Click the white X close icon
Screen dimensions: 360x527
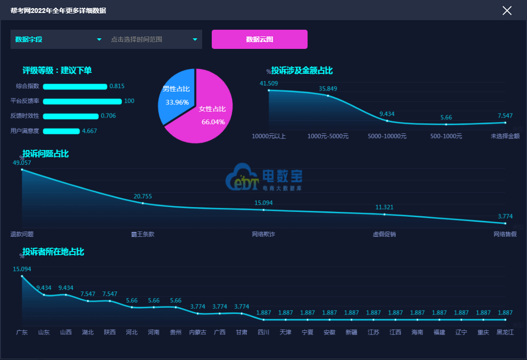pyautogui.click(x=507, y=11)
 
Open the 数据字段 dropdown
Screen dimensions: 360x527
pyautogui.click(x=58, y=39)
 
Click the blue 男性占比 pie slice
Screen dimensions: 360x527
pyautogui.click(x=176, y=95)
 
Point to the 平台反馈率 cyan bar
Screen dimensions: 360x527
pyautogui.click(x=82, y=101)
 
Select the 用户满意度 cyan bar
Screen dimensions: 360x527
pyautogui.click(x=61, y=131)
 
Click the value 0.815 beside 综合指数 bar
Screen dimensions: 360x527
pyautogui.click(x=117, y=86)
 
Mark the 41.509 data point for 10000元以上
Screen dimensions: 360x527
pyautogui.click(x=269, y=90)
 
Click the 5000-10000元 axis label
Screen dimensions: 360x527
pyautogui.click(x=387, y=136)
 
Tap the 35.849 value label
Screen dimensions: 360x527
pyautogui.click(x=328, y=88)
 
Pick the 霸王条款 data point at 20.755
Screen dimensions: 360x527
pyautogui.click(x=143, y=203)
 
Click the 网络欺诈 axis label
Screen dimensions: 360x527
pyautogui.click(x=263, y=234)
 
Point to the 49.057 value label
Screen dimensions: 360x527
pyautogui.click(x=22, y=163)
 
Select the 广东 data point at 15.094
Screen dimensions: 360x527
pyautogui.click(x=22, y=276)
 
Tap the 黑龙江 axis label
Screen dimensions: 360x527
pyautogui.click(x=505, y=332)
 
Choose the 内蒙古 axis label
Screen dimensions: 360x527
pyautogui.click(x=197, y=332)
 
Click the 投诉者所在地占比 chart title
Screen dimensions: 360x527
pyautogui.click(x=53, y=252)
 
